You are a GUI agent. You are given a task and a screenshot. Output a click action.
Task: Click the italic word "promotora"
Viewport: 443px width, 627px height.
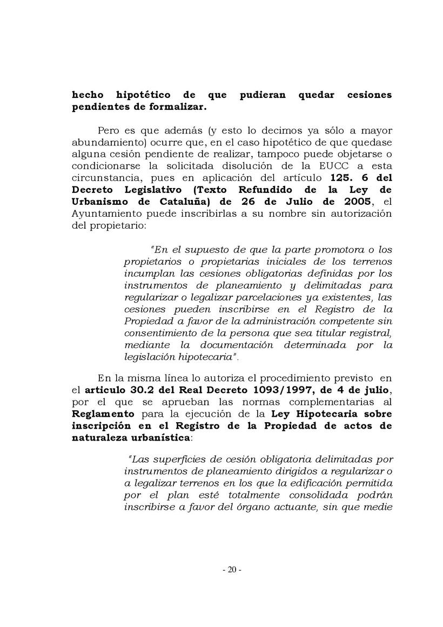(x=317, y=250)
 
